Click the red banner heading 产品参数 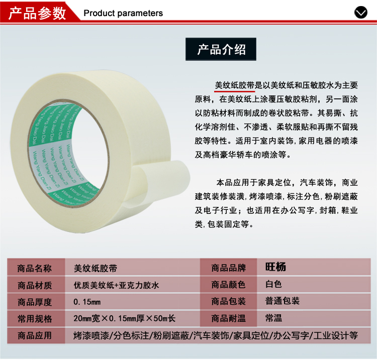pyautogui.click(x=37, y=13)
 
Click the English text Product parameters pyautogui.click(x=123, y=13)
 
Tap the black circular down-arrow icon pyautogui.click(x=360, y=12)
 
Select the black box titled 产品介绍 pyautogui.click(x=221, y=49)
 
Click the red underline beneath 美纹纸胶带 pyautogui.click(x=235, y=91)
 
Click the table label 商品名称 pyautogui.click(x=35, y=268)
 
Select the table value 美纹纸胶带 pyautogui.click(x=96, y=268)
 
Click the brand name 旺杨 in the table pyautogui.click(x=275, y=267)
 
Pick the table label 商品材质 pyautogui.click(x=35, y=285)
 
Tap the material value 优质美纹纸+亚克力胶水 pyautogui.click(x=117, y=285)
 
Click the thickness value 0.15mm pyautogui.click(x=87, y=302)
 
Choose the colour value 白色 pyautogui.click(x=273, y=284)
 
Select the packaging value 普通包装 pyautogui.click(x=282, y=301)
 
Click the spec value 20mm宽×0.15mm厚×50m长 pyautogui.click(x=125, y=318)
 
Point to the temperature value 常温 pyautogui.click(x=273, y=318)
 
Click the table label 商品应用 pyautogui.click(x=35, y=335)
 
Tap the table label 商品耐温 pyautogui.click(x=228, y=318)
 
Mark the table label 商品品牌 pyautogui.click(x=228, y=268)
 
